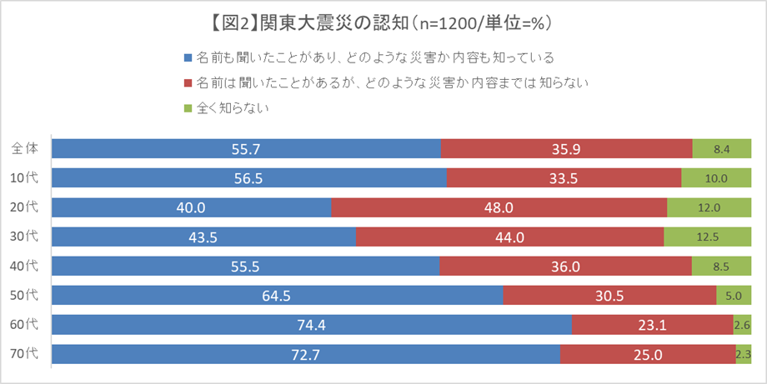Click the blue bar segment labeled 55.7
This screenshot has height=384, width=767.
(246, 148)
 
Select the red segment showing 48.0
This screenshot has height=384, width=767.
(499, 207)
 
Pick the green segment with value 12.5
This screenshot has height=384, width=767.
(707, 237)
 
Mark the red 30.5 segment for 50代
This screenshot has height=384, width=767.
(609, 295)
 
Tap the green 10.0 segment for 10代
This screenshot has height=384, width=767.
(715, 177)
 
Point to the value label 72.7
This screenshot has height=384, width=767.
(306, 355)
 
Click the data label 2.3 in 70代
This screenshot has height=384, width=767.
(743, 355)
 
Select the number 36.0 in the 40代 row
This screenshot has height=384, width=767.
(565, 266)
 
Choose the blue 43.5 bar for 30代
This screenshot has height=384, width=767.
(203, 237)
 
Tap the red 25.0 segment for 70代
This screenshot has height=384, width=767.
(647, 355)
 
